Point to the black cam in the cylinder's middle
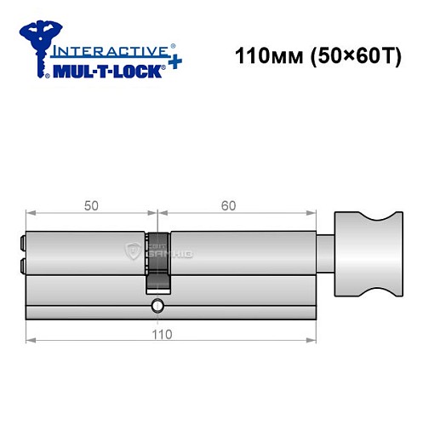click(x=157, y=261)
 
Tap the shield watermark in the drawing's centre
click(x=133, y=250)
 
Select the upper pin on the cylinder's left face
click(x=21, y=243)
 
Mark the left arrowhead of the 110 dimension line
click(x=31, y=341)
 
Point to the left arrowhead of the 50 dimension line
click(x=31, y=214)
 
